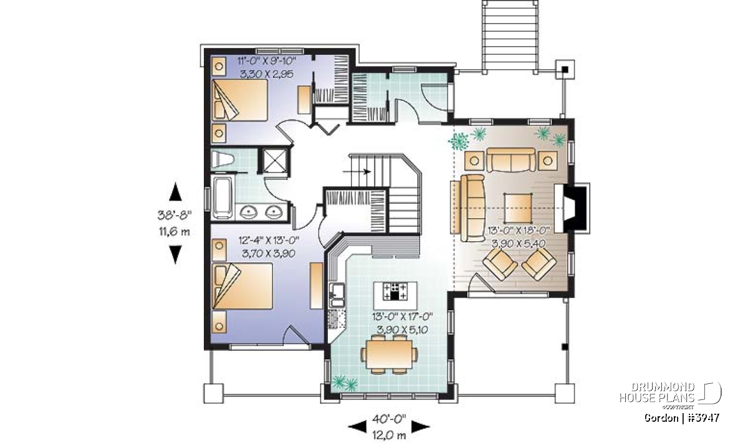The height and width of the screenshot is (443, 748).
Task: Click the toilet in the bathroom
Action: pyautogui.click(x=223, y=159)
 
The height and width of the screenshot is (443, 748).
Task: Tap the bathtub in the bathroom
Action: pyautogui.click(x=223, y=198)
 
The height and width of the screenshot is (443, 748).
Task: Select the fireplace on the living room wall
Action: pyautogui.click(x=572, y=207)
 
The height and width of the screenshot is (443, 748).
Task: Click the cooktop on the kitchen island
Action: pyautogui.click(x=395, y=291)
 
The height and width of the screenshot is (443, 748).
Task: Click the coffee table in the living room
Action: pyautogui.click(x=517, y=208)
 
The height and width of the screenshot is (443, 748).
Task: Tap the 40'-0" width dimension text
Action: pyautogui.click(x=389, y=419)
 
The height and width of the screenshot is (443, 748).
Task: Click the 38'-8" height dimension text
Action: pyautogui.click(x=175, y=215)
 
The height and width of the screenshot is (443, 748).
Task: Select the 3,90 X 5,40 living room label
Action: pyautogui.click(x=519, y=243)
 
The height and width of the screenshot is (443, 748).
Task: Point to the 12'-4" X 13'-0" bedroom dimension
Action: pyautogui.click(x=269, y=241)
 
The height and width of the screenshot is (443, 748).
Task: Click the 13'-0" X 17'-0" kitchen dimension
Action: pyautogui.click(x=403, y=316)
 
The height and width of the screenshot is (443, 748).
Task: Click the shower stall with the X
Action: pyautogui.click(x=275, y=161)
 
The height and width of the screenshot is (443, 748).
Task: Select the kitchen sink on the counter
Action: pyautogui.click(x=337, y=295)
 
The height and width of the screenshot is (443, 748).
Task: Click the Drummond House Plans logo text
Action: pyautogui.click(x=657, y=393)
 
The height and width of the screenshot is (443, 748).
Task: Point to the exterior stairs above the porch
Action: pyautogui.click(x=510, y=37)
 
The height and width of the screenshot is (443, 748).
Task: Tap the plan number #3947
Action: pyautogui.click(x=704, y=418)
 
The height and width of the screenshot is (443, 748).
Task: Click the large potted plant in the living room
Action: pyautogui.click(x=459, y=141)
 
